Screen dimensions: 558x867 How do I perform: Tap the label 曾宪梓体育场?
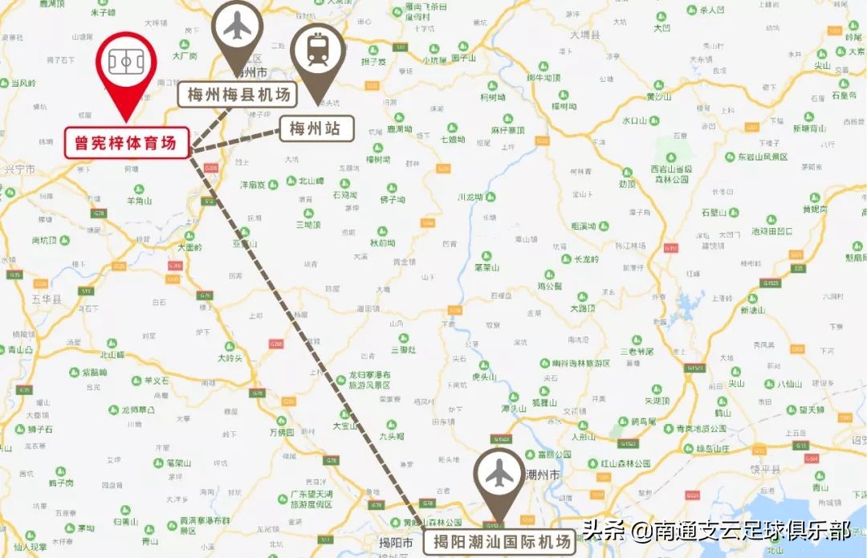pyautogui.click(x=126, y=142)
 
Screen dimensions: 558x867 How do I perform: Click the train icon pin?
pyautogui.click(x=320, y=51)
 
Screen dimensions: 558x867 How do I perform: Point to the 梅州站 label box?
pyautogui.click(x=316, y=127)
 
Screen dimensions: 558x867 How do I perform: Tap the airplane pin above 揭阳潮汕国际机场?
pyautogui.click(x=499, y=475)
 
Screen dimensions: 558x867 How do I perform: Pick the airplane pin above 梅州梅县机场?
pyautogui.click(x=237, y=27)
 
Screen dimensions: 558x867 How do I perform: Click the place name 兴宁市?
pyautogui.click(x=20, y=170)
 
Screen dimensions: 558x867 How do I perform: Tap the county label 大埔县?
pyautogui.click(x=584, y=35)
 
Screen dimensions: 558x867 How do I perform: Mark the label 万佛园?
pyautogui.click(x=282, y=432)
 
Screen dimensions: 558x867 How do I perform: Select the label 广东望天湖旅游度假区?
pyautogui.click(x=311, y=500)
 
